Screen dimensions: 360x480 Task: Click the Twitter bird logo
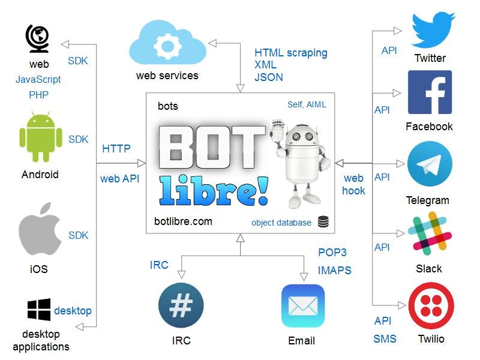(x=433, y=30)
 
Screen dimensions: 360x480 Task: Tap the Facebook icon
(x=430, y=93)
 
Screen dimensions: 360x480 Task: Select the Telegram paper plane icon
(x=430, y=164)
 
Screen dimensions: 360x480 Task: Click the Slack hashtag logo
(x=429, y=233)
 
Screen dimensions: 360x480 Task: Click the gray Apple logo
(x=40, y=231)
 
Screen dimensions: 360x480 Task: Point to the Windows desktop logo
(x=39, y=310)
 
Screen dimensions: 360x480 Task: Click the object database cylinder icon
(x=323, y=222)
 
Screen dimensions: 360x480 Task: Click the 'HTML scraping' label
(x=291, y=53)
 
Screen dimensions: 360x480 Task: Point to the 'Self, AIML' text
(x=307, y=104)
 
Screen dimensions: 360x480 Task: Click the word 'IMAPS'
(x=334, y=271)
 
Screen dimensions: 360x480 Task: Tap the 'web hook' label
(x=354, y=184)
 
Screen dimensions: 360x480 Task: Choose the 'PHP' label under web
(x=38, y=95)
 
